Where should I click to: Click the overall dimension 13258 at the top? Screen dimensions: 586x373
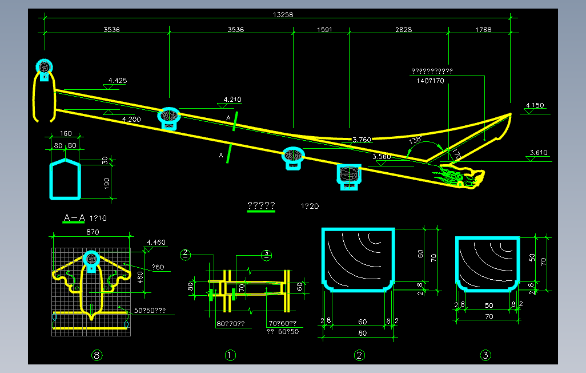pyautogui.click(x=283, y=15)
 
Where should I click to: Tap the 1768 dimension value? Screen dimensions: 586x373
pyautogui.click(x=483, y=30)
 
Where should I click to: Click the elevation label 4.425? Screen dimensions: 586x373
pyautogui.click(x=117, y=81)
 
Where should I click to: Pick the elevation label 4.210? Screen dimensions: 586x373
pyautogui.click(x=232, y=100)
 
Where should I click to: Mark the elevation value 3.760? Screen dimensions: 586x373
pyautogui.click(x=362, y=140)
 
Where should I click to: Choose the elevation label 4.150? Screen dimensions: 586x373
pyautogui.click(x=535, y=105)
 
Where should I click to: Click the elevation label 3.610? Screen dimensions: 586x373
pyautogui.click(x=539, y=153)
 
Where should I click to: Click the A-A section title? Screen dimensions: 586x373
pyautogui.click(x=74, y=218)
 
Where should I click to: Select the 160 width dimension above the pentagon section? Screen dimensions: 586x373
pyautogui.click(x=66, y=134)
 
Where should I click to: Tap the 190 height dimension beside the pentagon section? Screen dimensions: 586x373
pyautogui.click(x=105, y=182)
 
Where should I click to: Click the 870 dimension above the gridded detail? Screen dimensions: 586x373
pyautogui.click(x=93, y=232)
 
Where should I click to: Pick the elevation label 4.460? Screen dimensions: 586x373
pyautogui.click(x=156, y=243)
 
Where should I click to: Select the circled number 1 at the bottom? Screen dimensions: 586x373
pyautogui.click(x=230, y=355)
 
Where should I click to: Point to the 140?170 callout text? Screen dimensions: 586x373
pyautogui.click(x=431, y=81)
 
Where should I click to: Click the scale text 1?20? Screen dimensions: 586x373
pyautogui.click(x=310, y=207)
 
